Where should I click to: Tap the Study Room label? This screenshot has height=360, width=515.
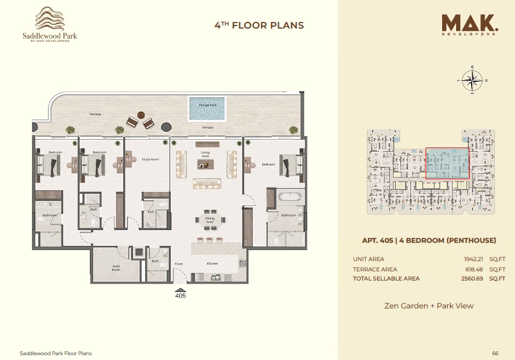[x=150, y=160]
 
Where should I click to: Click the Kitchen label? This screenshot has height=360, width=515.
[x=212, y=263]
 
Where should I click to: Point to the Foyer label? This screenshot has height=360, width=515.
[x=179, y=263]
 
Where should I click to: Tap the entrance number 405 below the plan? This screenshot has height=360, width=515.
[x=180, y=296]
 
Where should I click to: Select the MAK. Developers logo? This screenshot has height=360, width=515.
[x=471, y=25]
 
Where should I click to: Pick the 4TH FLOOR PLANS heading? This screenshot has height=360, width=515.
[x=259, y=25]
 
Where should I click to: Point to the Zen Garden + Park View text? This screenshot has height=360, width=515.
[x=429, y=305]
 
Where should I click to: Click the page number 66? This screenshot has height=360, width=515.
[x=495, y=353]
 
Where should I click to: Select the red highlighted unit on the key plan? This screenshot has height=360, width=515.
[x=447, y=163]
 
